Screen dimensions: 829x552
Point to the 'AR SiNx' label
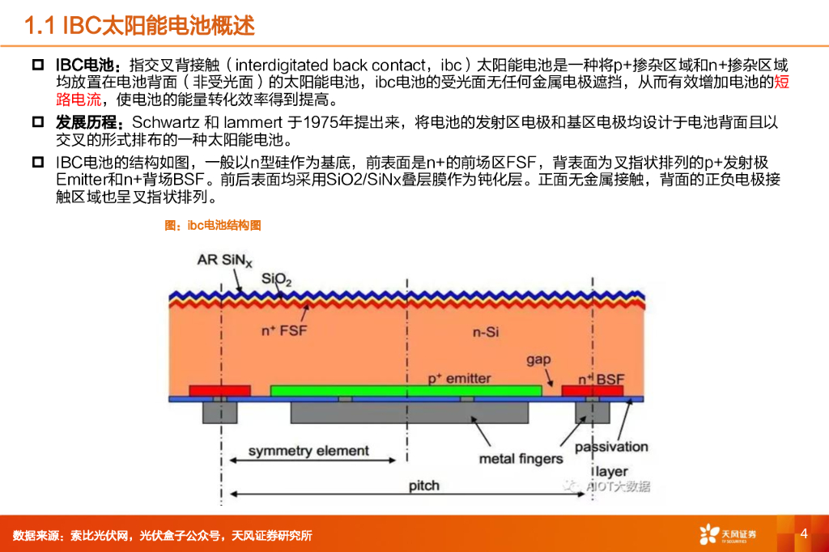click(225, 261)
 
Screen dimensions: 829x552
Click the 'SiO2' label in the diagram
click(277, 279)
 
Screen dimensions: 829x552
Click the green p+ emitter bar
click(405, 391)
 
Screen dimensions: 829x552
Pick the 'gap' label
click(538, 359)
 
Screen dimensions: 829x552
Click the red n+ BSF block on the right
click(592, 391)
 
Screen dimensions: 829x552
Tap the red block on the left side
click(219, 391)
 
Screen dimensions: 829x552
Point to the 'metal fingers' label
click(521, 459)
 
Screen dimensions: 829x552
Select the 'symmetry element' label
click(308, 451)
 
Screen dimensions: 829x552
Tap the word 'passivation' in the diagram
click(611, 447)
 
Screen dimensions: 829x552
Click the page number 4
click(804, 533)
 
